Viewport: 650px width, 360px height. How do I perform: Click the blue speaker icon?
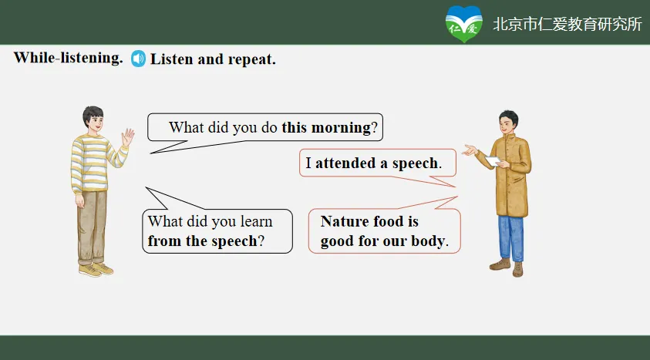tap(139, 59)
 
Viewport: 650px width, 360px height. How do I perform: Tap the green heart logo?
tap(464, 24)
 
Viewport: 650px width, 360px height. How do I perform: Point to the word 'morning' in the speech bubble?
tap(341, 128)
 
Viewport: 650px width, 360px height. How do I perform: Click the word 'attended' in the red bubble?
tap(345, 163)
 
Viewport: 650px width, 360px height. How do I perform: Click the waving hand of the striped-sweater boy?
tap(128, 137)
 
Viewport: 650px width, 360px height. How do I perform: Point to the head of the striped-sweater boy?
tap(93, 119)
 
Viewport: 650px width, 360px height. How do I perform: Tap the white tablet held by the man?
tap(493, 161)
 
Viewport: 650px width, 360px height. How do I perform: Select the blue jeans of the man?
tap(510, 239)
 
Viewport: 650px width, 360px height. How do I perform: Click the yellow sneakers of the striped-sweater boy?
tap(96, 270)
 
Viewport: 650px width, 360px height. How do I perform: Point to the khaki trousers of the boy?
tap(92, 227)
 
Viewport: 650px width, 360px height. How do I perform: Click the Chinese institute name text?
tap(567, 25)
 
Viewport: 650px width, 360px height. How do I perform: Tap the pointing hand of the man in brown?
tap(470, 150)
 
